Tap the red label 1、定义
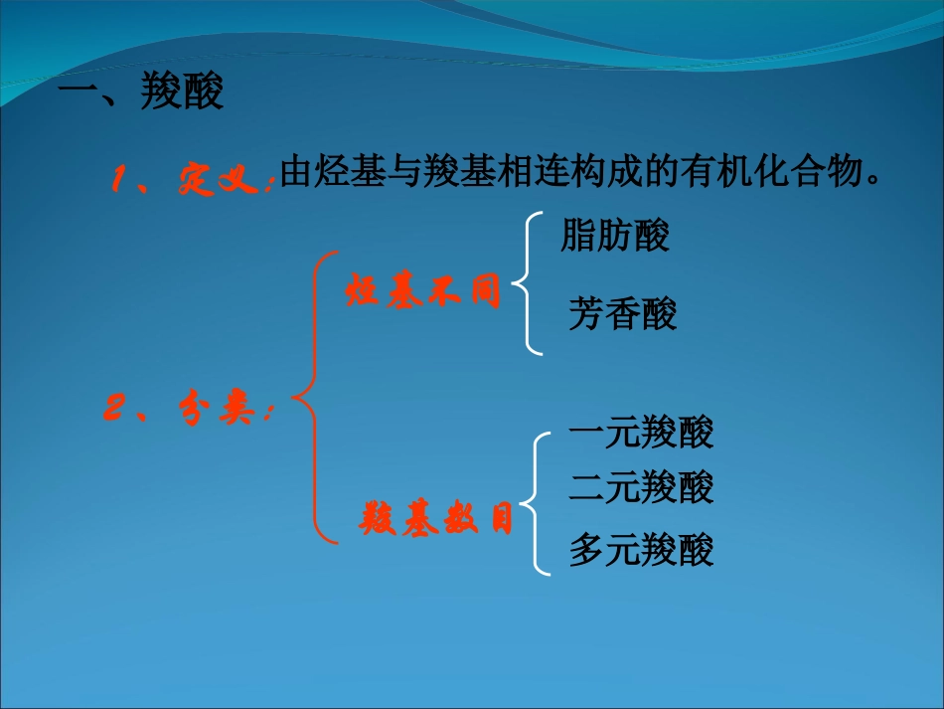pyautogui.click(x=190, y=180)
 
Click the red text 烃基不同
pyautogui.click(x=422, y=292)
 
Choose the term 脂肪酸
pyautogui.click(x=615, y=236)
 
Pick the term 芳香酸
pyautogui.click(x=623, y=314)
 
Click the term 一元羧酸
pyautogui.click(x=641, y=434)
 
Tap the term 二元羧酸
pyautogui.click(x=641, y=487)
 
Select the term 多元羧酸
pyautogui.click(x=641, y=550)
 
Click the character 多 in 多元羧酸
pyautogui.click(x=586, y=550)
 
